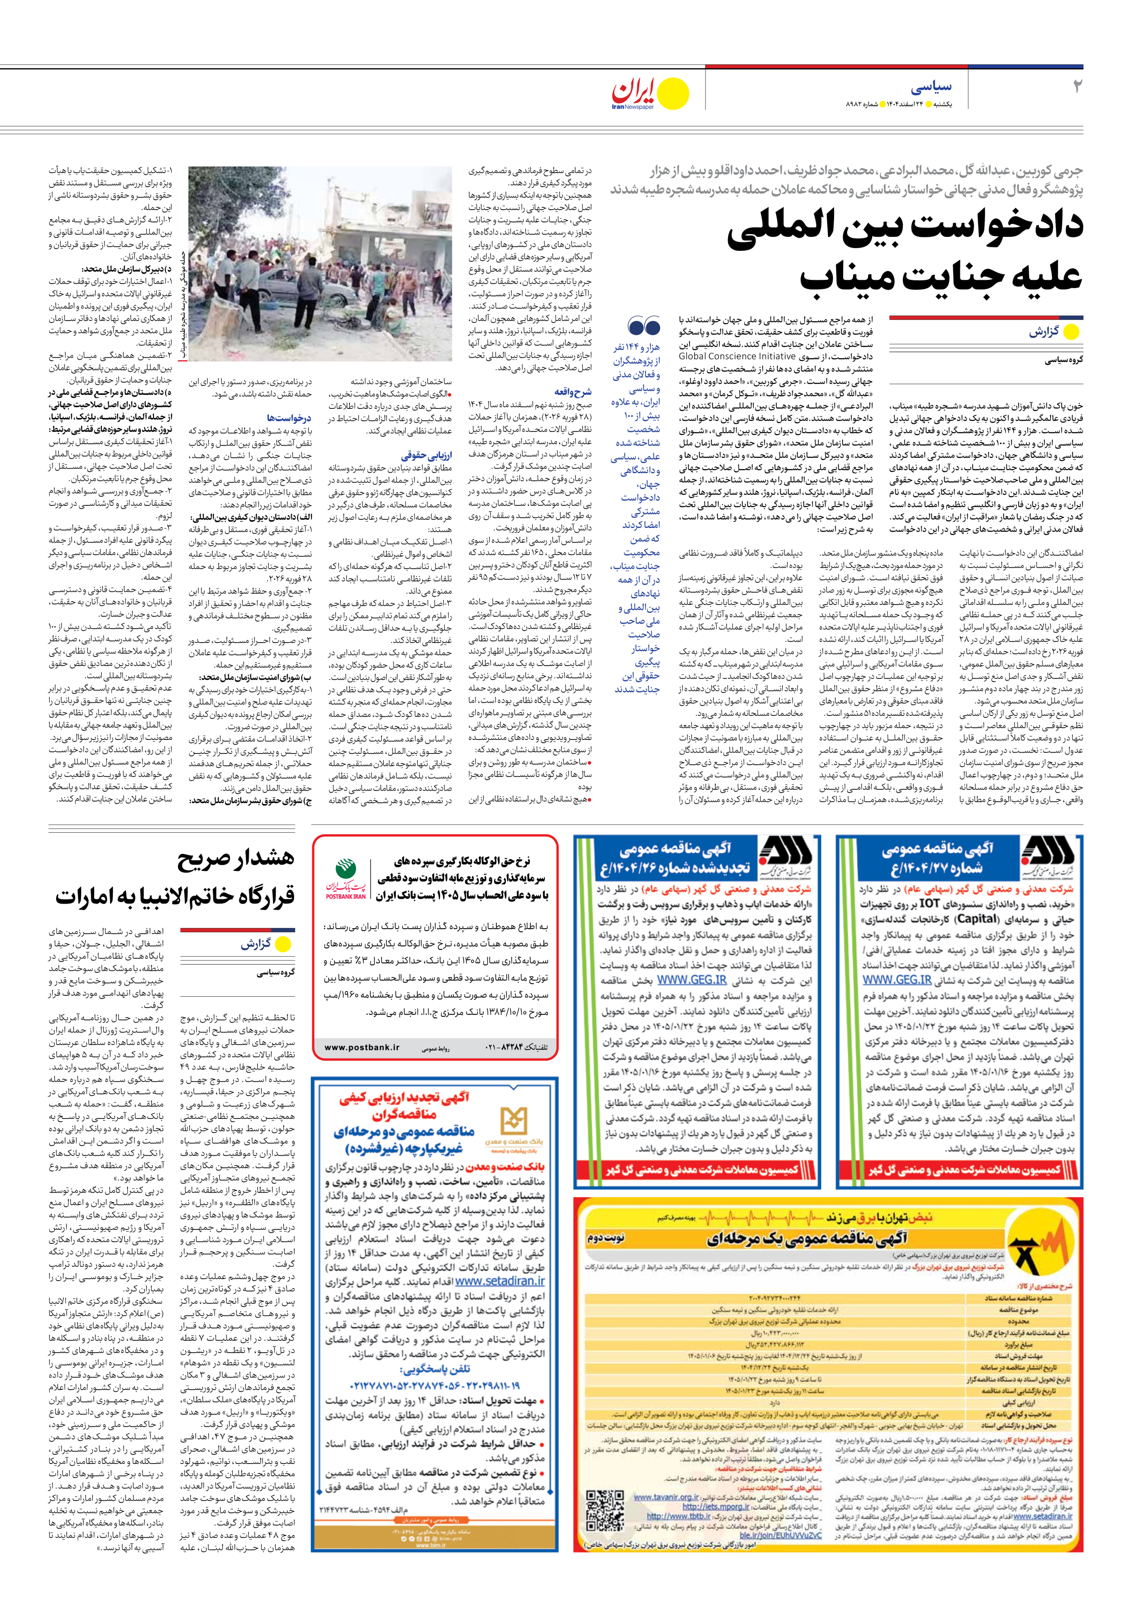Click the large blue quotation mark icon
pos(643,326)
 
